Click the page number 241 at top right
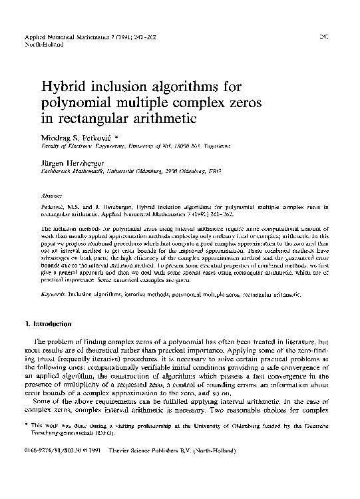[324, 31]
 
